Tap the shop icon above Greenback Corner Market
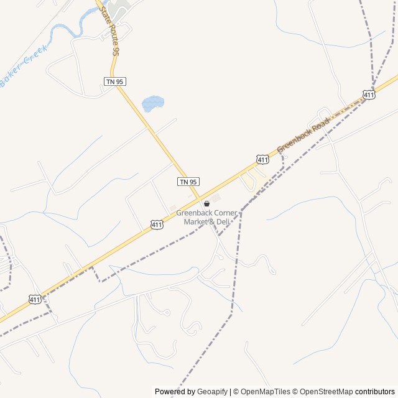click(206, 203)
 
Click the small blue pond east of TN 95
click(153, 103)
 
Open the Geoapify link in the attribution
click(213, 392)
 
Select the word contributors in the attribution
click(375, 392)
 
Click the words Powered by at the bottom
click(175, 392)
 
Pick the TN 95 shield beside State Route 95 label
click(114, 81)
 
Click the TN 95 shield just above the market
click(188, 181)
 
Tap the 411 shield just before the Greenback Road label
click(262, 160)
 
